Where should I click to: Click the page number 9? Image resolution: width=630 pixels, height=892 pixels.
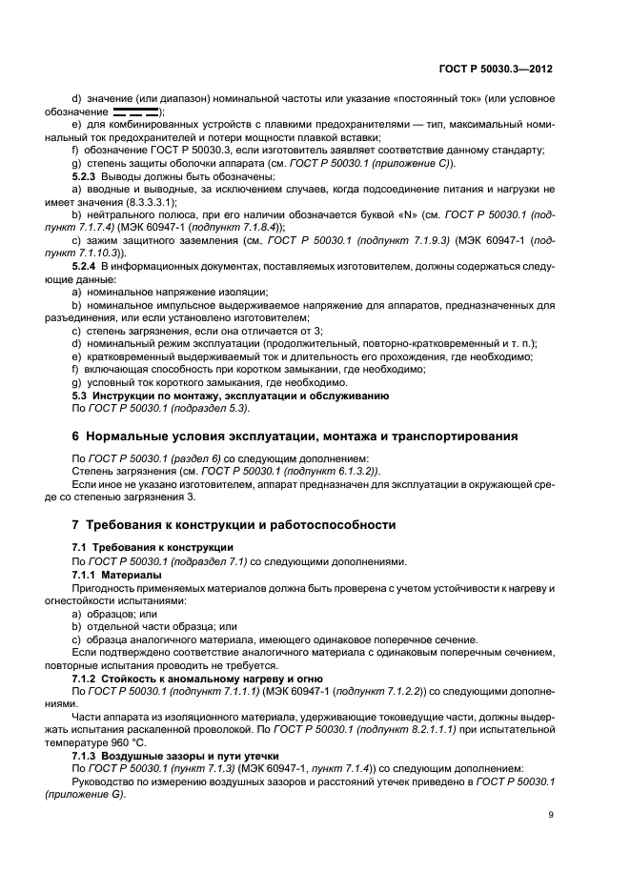pyautogui.click(x=552, y=814)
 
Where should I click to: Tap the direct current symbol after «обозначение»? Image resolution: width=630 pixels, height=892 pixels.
pyautogui.click(x=137, y=112)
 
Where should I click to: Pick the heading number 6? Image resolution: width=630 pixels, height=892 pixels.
pyautogui.click(x=76, y=436)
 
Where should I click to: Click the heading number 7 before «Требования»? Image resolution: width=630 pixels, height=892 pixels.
pyautogui.click(x=76, y=525)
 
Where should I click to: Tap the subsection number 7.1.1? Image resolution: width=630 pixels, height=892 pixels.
pyautogui.click(x=89, y=576)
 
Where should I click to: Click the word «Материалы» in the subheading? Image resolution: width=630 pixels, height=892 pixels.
pyautogui.click(x=134, y=576)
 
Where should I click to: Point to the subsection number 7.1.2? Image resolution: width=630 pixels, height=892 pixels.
pyautogui.click(x=89, y=678)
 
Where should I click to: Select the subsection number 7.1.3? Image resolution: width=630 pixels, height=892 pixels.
pyautogui.click(x=89, y=752)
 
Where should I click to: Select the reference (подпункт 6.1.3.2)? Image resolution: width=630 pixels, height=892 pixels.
pyautogui.click(x=314, y=471)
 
